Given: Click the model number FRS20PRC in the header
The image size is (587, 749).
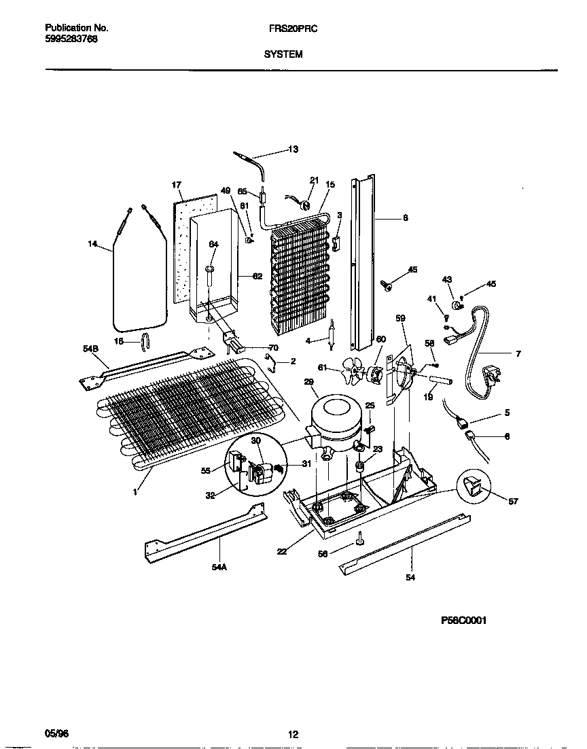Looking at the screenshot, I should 289,29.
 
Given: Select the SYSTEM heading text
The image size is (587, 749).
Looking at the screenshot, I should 283,54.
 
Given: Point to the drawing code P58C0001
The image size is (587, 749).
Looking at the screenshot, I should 465,620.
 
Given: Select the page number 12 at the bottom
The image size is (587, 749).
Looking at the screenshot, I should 293,734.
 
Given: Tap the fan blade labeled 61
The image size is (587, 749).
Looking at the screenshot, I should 354,370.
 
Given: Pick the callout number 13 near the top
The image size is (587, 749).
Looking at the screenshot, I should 293,150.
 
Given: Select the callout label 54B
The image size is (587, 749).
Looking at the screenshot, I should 90,349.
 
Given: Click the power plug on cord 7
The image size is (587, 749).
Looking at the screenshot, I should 491,374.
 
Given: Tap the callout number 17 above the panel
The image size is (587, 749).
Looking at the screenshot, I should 176,185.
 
